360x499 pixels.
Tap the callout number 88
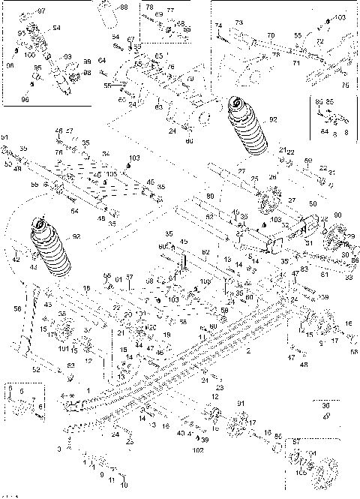tap(124, 7)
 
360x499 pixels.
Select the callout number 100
tap(28, 55)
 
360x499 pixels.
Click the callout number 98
tap(87, 72)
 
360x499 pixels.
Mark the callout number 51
tap(4, 138)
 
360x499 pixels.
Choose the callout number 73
tap(240, 23)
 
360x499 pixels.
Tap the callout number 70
tap(271, 35)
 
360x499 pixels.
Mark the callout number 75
tap(346, 85)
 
